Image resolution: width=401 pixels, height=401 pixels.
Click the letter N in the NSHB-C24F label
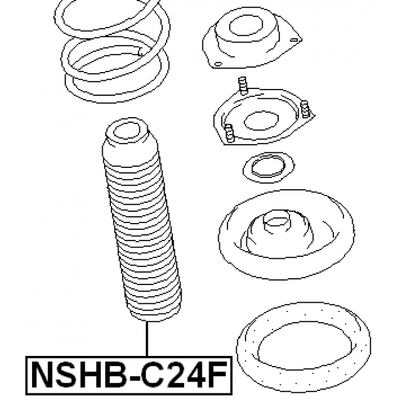tap(43, 375)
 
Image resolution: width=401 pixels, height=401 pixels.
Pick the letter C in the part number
tap(152, 375)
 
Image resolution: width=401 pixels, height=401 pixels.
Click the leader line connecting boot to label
tap(147, 338)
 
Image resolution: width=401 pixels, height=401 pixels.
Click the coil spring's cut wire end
tap(140, 53)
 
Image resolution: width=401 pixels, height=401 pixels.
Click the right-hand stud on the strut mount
tap(305, 109)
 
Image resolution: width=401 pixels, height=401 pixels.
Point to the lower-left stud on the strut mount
tap(229, 133)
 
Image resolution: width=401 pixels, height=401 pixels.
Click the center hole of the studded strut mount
tap(261, 121)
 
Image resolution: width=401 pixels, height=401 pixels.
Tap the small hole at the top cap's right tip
tap(294, 40)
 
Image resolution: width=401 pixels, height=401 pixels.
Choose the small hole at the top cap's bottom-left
tap(218, 64)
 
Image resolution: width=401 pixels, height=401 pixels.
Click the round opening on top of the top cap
tap(246, 26)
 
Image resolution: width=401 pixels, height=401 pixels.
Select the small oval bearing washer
tap(269, 167)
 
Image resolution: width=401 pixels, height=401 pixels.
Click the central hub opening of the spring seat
tap(277, 219)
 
